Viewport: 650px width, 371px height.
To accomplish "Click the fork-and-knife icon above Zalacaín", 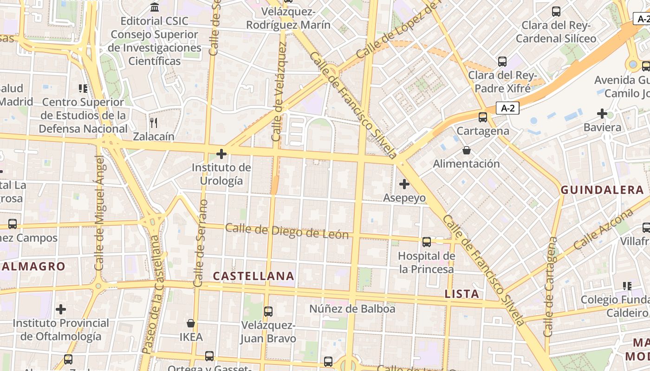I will (x=154, y=123).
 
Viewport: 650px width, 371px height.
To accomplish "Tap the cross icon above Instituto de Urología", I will (x=221, y=154).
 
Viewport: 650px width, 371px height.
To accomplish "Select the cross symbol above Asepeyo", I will (x=404, y=184).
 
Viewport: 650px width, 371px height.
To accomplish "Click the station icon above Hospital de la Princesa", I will (x=426, y=242).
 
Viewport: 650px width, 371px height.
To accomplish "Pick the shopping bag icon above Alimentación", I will (x=467, y=150).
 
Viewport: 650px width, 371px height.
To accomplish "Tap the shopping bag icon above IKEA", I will (x=191, y=323).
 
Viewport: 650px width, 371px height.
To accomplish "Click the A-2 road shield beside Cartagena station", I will (x=507, y=108).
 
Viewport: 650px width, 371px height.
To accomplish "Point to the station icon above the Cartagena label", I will (x=483, y=117).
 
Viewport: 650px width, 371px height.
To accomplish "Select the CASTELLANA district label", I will (x=253, y=276).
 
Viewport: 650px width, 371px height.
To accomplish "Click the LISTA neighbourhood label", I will (x=461, y=294).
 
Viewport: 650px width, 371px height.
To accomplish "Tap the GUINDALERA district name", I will (x=602, y=190).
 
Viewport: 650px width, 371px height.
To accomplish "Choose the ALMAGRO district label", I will (x=33, y=267).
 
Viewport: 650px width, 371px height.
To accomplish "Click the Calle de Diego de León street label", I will (x=287, y=231).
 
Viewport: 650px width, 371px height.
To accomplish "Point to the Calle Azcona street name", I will (x=604, y=229).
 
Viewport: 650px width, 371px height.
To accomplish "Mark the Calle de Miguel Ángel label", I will (x=99, y=213).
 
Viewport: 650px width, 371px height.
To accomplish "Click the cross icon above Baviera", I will (x=602, y=113).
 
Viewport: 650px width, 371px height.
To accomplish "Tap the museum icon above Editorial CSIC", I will (x=155, y=7).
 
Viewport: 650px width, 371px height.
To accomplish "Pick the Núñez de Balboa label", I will (x=352, y=308).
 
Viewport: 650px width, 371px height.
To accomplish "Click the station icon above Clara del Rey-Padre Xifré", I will (x=502, y=62).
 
